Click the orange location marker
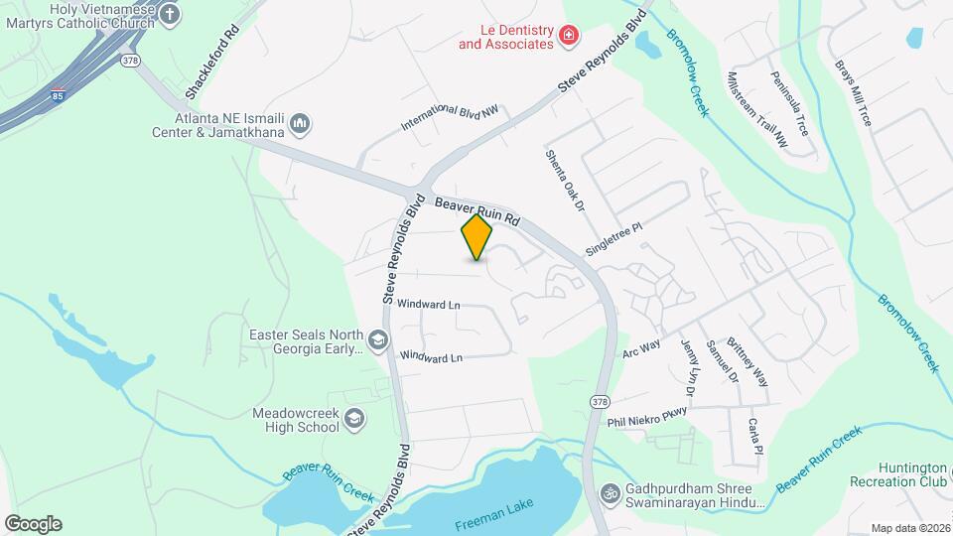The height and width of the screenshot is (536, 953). [x=477, y=237]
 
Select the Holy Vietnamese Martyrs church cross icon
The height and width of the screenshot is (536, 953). [x=170, y=14]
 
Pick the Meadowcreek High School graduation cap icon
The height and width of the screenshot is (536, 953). [x=353, y=420]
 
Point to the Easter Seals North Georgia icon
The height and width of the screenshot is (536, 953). [x=377, y=341]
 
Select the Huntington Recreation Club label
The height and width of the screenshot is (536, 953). [x=898, y=474]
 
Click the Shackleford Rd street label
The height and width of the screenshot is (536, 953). [x=211, y=63]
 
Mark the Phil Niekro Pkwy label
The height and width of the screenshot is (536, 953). [x=647, y=415]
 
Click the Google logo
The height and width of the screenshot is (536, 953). [x=33, y=523]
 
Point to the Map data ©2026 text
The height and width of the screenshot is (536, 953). [x=908, y=528]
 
